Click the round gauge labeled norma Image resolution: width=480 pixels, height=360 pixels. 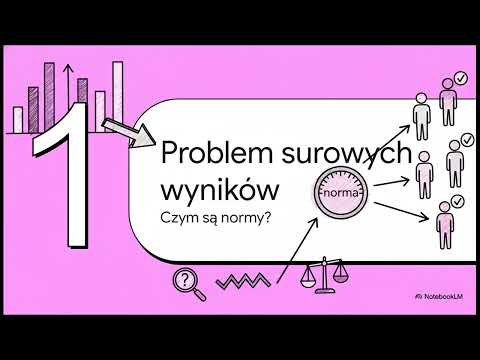tap(341, 187)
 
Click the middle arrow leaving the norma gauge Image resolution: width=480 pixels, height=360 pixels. tap(394, 181)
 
